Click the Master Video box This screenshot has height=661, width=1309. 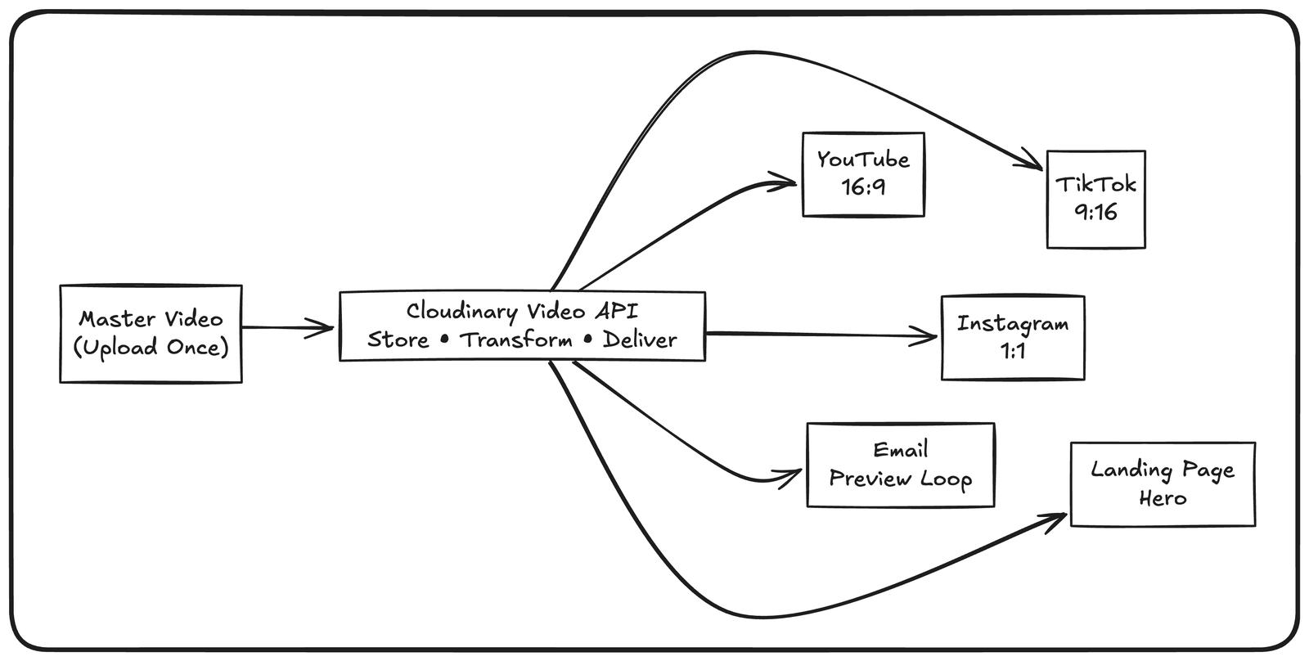pos(151,334)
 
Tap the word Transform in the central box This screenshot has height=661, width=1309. pos(515,340)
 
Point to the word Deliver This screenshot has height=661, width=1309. pos(640,340)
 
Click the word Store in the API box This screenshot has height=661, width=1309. pos(398,340)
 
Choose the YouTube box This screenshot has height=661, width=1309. pos(863,174)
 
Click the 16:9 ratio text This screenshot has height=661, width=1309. pos(863,188)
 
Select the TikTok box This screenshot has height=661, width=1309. pos(1095,199)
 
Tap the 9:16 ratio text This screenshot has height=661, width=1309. pos(1095,213)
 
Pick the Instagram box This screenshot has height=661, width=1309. pos(1013,337)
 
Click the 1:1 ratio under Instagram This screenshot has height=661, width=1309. pos(1013,352)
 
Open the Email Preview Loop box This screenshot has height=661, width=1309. pos(900,465)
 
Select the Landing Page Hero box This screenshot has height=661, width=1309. pos(1162,484)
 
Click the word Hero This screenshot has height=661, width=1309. pos(1162,498)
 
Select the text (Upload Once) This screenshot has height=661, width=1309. pos(151,348)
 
